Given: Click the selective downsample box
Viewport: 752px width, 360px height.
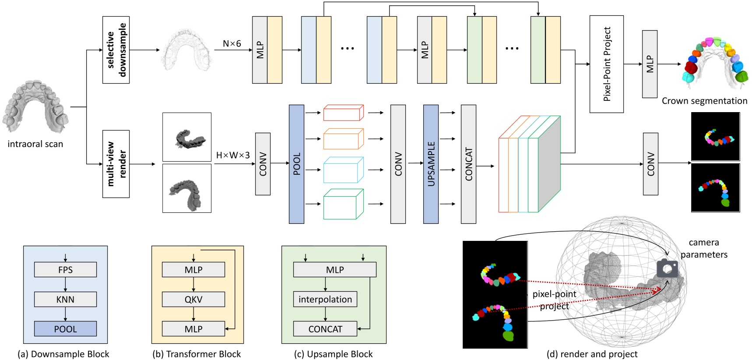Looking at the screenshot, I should click(x=116, y=50).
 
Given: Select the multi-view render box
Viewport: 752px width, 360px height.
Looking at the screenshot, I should click(x=116, y=164).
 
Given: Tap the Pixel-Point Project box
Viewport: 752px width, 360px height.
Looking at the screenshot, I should click(x=606, y=64).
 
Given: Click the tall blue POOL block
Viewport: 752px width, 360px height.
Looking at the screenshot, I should click(x=296, y=164).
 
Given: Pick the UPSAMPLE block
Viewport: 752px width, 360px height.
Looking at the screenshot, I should click(x=431, y=164).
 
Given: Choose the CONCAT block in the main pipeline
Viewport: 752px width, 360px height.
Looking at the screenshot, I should click(x=468, y=164).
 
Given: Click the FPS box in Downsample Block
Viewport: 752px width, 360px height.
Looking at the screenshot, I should click(x=65, y=270).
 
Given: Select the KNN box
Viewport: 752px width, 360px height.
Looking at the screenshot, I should click(x=65, y=300).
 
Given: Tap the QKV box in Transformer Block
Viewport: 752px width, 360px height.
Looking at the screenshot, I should click(x=193, y=300).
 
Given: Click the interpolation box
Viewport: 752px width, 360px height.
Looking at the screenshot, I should click(x=325, y=300).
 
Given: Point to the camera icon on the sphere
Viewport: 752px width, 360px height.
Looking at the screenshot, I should click(x=667, y=268).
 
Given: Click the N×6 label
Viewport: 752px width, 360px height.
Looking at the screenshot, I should click(x=232, y=44).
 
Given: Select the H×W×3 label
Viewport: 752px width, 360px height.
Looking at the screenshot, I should click(x=233, y=155).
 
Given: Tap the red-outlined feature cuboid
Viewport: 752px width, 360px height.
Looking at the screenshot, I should click(x=343, y=113).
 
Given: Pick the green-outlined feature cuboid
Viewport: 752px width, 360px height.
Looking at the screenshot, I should click(x=343, y=205).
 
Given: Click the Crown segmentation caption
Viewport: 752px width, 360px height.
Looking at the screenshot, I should click(x=704, y=101).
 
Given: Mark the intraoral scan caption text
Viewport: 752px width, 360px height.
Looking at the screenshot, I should click(x=35, y=144).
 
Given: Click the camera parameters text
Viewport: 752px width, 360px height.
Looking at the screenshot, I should click(x=703, y=248).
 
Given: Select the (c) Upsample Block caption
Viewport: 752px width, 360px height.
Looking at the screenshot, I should click(x=333, y=354).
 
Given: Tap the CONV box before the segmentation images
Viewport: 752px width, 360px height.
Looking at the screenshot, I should click(x=650, y=164).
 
